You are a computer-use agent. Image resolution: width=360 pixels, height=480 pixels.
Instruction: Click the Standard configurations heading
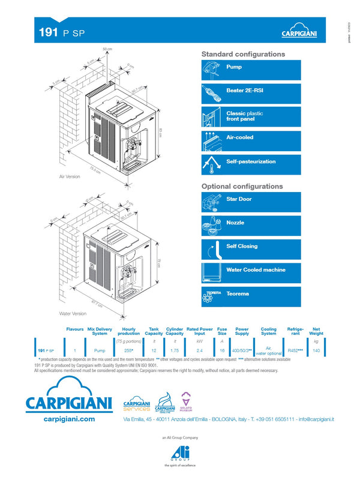(x=242, y=54)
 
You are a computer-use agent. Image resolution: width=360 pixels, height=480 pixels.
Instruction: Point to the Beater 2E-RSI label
(x=244, y=91)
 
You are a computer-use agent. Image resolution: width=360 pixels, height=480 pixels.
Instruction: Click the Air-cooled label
(x=239, y=137)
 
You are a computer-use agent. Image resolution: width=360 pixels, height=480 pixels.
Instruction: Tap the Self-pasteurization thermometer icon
(x=212, y=164)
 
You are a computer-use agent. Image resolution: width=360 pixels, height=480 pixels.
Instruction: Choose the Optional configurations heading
(x=242, y=187)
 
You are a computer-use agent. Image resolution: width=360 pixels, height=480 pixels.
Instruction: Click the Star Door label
(x=239, y=199)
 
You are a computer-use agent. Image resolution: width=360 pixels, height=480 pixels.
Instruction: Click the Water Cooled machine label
(x=256, y=270)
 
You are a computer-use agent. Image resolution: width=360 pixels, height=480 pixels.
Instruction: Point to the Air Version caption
(x=70, y=178)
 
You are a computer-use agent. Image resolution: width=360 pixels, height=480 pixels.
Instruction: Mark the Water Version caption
(x=73, y=313)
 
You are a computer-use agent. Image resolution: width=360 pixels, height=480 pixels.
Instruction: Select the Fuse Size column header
(x=221, y=331)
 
